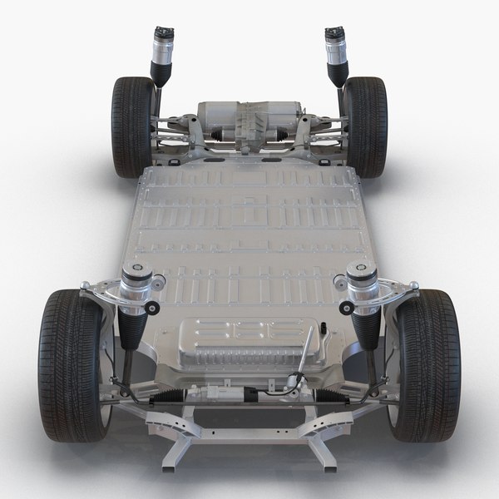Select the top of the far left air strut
point(160,35)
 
